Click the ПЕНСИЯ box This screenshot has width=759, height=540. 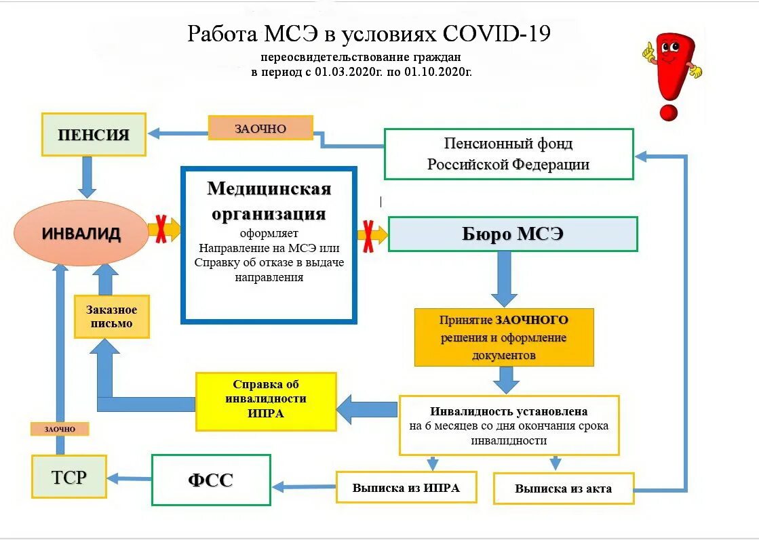94,134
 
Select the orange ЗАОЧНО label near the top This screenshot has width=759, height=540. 260,128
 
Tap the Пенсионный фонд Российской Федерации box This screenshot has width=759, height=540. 509,154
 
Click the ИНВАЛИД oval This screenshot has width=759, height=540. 81,234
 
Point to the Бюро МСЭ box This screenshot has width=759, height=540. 513,234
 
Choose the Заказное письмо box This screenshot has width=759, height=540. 111,317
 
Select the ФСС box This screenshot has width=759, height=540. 211,480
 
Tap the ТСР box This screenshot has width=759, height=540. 69,476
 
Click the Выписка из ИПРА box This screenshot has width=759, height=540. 406,487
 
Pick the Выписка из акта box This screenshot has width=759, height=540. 563,488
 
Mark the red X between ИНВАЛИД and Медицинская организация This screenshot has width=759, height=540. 162,229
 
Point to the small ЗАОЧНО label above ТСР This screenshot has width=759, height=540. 60,429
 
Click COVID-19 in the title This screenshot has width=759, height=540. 497,34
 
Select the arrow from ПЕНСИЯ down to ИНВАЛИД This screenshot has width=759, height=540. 87,177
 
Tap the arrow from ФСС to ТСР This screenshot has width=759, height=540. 129,478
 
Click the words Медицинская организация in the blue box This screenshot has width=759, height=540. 269,201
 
